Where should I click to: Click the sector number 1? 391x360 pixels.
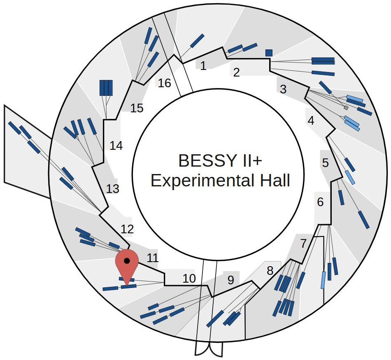tap(203, 66)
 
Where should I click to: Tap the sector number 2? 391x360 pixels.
tap(236, 73)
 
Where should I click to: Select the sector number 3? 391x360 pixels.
tap(283, 89)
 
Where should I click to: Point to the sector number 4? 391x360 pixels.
tap(311, 121)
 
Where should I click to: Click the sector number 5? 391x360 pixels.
tap(326, 163)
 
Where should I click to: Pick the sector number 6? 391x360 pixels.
tap(320, 202)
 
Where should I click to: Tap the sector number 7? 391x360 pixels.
tap(303, 244)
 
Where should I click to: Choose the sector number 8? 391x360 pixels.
tap(270, 271)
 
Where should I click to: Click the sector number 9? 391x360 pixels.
tap(230, 280)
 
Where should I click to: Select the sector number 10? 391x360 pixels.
tap(189, 279)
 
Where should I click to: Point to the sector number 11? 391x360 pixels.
tap(153, 258)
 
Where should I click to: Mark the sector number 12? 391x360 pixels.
tap(128, 229)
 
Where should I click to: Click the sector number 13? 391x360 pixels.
tap(112, 189)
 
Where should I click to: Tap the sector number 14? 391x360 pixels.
tap(116, 146)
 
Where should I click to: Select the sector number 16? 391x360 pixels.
tap(164, 83)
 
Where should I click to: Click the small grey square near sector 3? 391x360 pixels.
tap(346, 108)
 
